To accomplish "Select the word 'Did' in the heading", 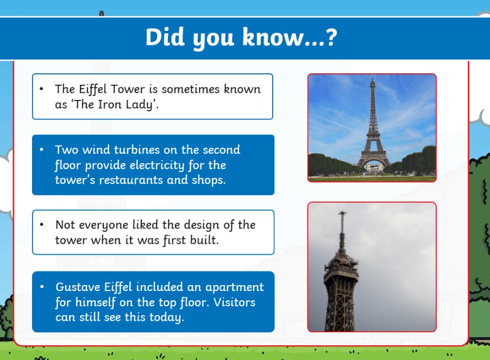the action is (165, 37).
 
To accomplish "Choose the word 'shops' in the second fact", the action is (209, 180).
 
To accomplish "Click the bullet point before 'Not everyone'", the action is (42, 224).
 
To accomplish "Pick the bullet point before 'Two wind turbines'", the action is (42, 149).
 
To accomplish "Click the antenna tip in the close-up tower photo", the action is (342, 212).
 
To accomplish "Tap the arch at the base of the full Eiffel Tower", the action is (373, 163).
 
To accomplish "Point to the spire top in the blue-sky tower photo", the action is (372, 78).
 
